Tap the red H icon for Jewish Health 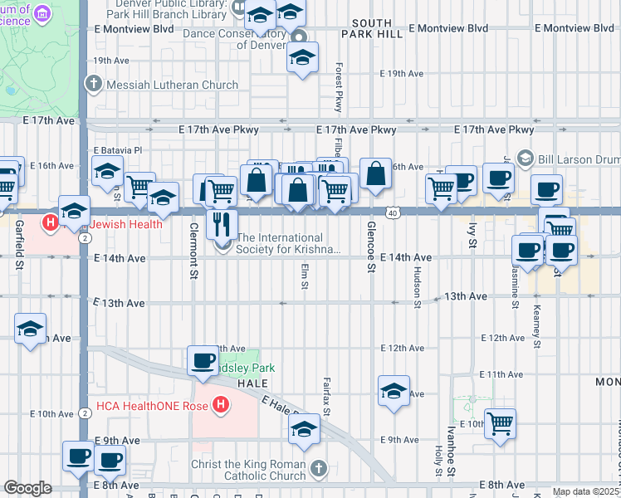(51, 223)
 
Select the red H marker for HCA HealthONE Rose (220, 405)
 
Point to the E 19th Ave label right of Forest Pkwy (402, 73)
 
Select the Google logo (27, 488)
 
